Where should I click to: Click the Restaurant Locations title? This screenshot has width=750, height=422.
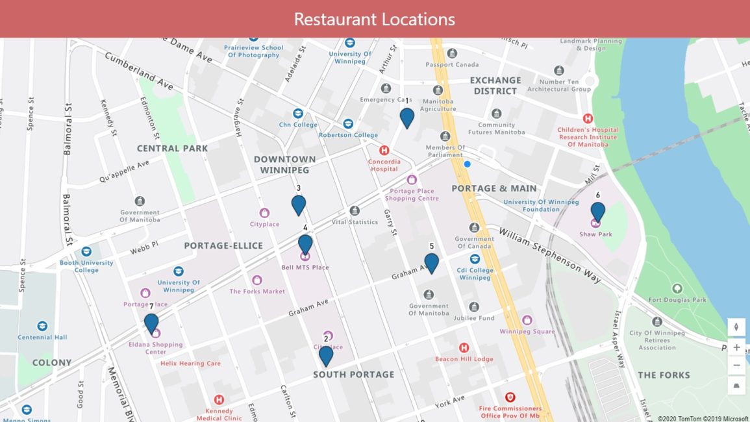click(374, 19)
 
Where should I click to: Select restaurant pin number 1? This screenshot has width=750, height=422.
click(407, 118)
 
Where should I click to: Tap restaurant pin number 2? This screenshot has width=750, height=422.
click(326, 355)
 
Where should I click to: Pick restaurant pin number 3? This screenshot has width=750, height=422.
click(299, 205)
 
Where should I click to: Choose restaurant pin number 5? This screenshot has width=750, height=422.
click(431, 263)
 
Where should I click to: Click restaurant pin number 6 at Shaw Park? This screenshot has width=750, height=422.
click(597, 212)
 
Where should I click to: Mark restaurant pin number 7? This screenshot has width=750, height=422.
click(151, 323)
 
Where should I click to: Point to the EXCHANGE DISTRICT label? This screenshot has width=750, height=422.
click(495, 86)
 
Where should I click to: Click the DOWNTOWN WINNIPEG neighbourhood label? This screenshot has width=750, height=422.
click(284, 164)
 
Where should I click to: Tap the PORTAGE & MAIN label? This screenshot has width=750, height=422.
click(494, 188)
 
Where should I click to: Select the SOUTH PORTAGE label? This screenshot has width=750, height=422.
click(353, 375)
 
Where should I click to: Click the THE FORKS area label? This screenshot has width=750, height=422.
click(664, 375)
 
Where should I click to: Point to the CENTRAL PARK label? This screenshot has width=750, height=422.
click(172, 148)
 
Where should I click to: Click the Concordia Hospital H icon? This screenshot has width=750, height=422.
click(384, 150)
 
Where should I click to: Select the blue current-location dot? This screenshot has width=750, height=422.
click(467, 164)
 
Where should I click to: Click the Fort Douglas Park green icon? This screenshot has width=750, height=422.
click(677, 288)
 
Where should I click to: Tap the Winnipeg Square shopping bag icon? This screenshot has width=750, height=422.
click(527, 320)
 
